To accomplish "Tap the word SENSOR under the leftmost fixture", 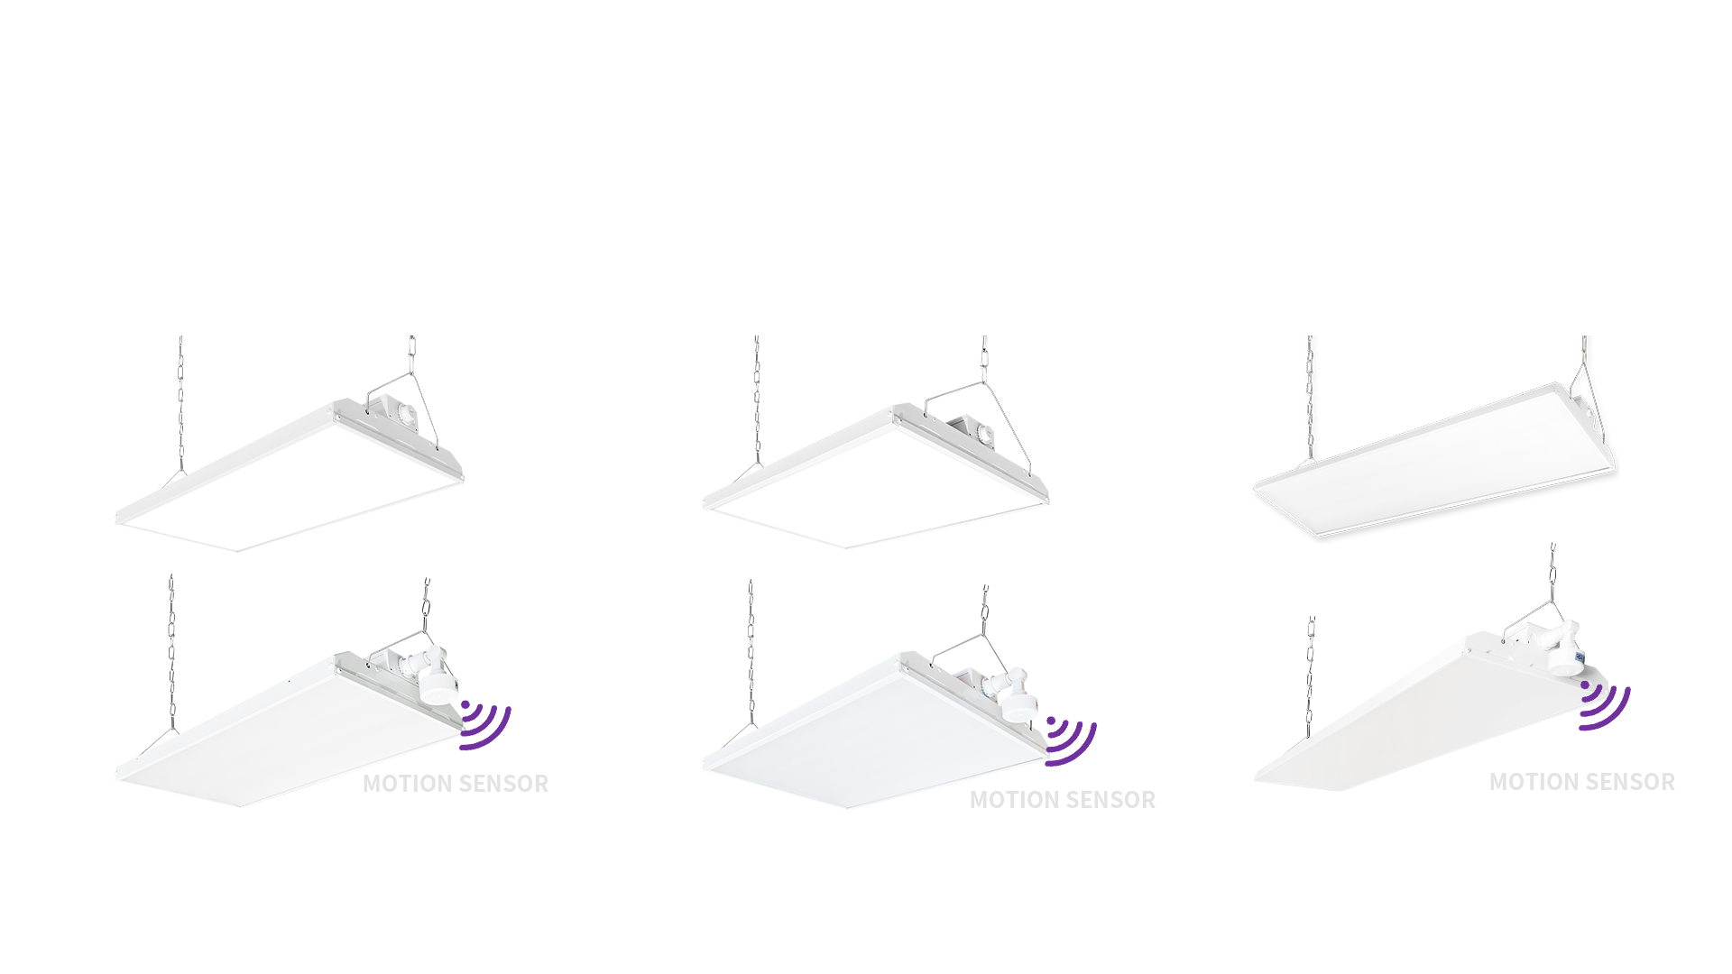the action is [504, 784].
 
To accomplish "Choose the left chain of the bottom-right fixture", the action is [1311, 676].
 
